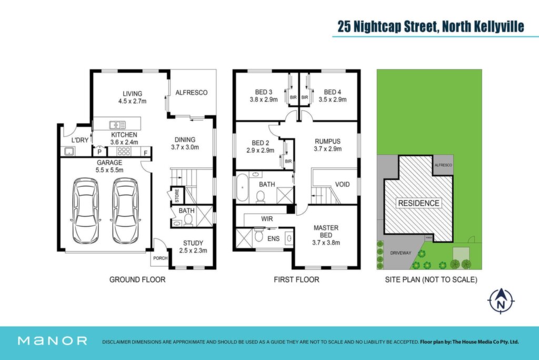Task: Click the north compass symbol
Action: point(501,301)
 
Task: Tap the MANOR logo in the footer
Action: point(52,341)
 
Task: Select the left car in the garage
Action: point(85,211)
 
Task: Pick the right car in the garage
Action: point(125,211)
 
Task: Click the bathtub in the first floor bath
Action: point(242,187)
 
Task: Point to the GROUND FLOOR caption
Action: point(137,279)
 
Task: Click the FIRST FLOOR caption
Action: point(296,279)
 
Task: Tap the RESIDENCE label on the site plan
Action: point(418,203)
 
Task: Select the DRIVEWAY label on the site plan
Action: point(401,253)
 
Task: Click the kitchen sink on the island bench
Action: point(117,125)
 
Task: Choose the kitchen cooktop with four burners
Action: point(124,151)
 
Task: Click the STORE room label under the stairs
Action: point(177,195)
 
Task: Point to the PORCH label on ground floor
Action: point(160,258)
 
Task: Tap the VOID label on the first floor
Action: point(342,184)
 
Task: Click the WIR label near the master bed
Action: point(267,218)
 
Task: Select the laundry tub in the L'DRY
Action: point(69,151)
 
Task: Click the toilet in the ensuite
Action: point(259,236)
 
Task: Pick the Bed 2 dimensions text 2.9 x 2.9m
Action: point(260,150)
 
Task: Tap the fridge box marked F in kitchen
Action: point(146,152)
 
